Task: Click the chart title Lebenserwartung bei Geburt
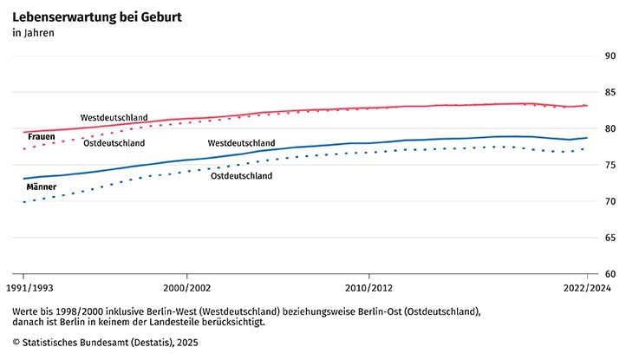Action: [96, 16]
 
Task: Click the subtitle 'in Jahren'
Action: [34, 34]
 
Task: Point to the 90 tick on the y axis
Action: [610, 56]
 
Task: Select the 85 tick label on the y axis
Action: [610, 93]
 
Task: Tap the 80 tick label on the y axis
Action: [610, 129]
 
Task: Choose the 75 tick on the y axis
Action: [610, 165]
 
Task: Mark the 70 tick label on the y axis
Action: [610, 201]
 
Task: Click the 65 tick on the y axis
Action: [610, 238]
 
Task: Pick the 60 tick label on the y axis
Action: [610, 274]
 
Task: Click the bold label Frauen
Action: [42, 137]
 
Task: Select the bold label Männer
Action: [42, 187]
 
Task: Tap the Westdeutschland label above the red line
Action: [114, 117]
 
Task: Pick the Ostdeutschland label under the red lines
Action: [114, 143]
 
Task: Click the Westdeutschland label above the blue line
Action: [242, 143]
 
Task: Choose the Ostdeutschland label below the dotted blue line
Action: [242, 176]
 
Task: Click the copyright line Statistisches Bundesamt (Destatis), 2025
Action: [108, 343]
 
